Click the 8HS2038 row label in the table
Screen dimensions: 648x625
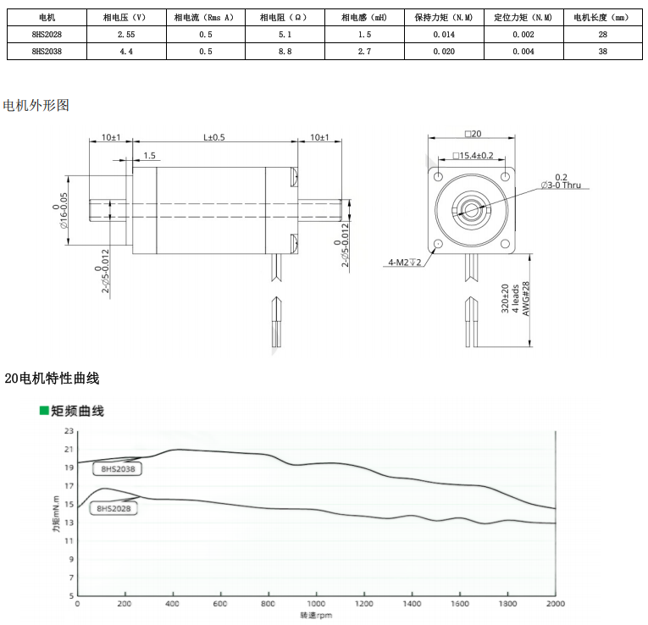point(47,51)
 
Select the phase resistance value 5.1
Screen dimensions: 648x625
point(285,34)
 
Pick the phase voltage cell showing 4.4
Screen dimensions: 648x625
point(126,51)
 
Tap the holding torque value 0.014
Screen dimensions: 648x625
point(444,34)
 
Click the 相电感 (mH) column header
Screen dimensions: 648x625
point(364,17)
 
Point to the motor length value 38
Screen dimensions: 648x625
point(602,51)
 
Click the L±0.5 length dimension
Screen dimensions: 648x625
point(214,137)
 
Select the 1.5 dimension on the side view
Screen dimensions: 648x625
point(149,155)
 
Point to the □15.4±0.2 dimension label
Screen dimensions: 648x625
point(473,155)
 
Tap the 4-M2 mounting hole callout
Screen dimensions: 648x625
point(405,262)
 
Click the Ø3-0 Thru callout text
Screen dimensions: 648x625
point(561,185)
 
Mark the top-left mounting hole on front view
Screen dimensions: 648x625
point(438,177)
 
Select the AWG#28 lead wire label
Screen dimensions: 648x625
point(526,298)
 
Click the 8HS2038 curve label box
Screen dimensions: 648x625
point(118,469)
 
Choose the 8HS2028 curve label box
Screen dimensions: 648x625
point(114,508)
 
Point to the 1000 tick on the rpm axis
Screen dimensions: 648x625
point(316,604)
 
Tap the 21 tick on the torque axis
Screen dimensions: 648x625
point(69,449)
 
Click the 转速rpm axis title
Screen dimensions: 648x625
point(316,615)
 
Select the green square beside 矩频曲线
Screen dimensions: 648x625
point(44,410)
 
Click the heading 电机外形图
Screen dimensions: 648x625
point(36,105)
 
